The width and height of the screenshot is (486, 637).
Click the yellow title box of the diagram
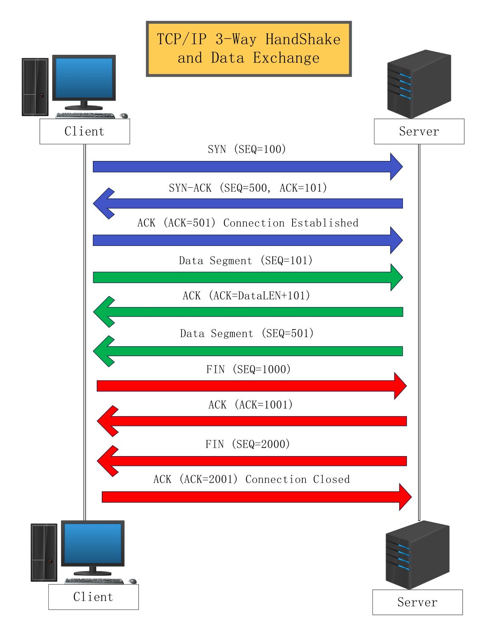point(249,49)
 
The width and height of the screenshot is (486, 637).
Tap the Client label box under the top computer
point(85,132)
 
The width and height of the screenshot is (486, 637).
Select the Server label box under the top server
point(419,132)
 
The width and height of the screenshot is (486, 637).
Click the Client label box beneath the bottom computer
point(93,597)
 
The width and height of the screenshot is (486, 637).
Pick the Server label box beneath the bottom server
point(417,602)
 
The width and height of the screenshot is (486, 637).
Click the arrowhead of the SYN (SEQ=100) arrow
point(396,166)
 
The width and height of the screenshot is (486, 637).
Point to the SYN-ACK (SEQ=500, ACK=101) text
point(248,188)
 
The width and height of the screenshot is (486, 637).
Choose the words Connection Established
point(291,223)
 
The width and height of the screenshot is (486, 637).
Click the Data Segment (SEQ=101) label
point(246,260)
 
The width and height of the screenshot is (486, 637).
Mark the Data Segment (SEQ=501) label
point(247,333)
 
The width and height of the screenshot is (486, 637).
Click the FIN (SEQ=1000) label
point(249,369)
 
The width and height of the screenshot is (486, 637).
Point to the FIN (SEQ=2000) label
point(248,444)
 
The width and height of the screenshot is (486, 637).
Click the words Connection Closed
point(298,479)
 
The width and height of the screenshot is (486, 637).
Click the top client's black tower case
point(35,87)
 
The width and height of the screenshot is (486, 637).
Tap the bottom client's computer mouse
point(133,581)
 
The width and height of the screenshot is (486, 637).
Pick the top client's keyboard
point(85,116)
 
